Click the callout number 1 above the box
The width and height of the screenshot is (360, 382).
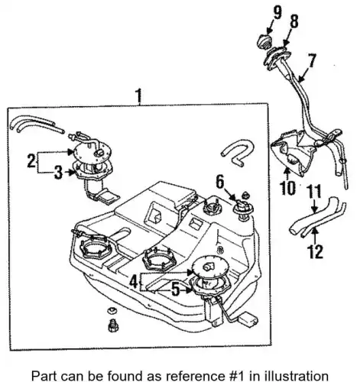coord(138,96)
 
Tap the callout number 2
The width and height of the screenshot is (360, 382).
coord(32,160)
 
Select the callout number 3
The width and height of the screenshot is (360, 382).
coord(58,172)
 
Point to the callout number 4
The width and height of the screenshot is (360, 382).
coord(135,282)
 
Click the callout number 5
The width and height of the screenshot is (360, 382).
coord(176,290)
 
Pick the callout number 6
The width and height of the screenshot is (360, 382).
coord(220,182)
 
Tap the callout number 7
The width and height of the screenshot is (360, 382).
coord(312,60)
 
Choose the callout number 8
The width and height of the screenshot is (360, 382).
coord(294,21)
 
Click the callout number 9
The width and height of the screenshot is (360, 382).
coord(277,13)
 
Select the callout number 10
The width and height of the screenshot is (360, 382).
coord(288,189)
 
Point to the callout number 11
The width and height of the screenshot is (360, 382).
coord(314,192)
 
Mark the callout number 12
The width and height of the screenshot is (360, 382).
coord(316,251)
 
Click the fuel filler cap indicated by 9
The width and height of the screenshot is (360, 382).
coord(263,42)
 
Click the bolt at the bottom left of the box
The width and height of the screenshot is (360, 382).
coord(112,325)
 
